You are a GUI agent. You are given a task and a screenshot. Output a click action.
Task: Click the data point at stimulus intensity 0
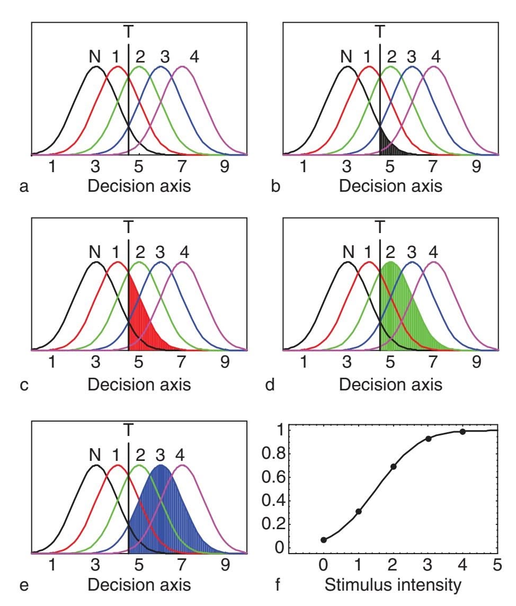point(323,540)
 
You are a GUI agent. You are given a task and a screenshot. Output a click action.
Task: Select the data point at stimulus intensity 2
point(393,467)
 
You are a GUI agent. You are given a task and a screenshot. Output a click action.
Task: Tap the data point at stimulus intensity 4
point(462,432)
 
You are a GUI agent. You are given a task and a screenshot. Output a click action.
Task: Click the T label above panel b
point(380,32)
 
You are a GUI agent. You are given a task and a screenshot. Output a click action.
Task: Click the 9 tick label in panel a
point(225,167)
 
